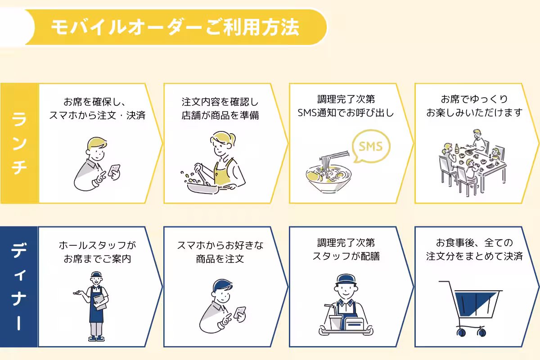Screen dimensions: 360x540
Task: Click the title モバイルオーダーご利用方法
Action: [x=175, y=27]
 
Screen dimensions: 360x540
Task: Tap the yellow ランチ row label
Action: [x=19, y=143]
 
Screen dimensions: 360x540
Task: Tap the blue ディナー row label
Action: [x=19, y=287]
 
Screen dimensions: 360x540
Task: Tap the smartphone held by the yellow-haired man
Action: [x=115, y=171]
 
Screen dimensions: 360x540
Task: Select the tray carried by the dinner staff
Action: [x=346, y=331]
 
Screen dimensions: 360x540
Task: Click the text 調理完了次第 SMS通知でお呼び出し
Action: [x=346, y=106]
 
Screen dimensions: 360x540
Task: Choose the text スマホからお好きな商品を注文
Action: [x=220, y=252]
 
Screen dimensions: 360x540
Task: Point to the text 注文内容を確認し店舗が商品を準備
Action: [x=220, y=108]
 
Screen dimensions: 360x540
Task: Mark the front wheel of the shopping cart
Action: [x=461, y=333]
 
